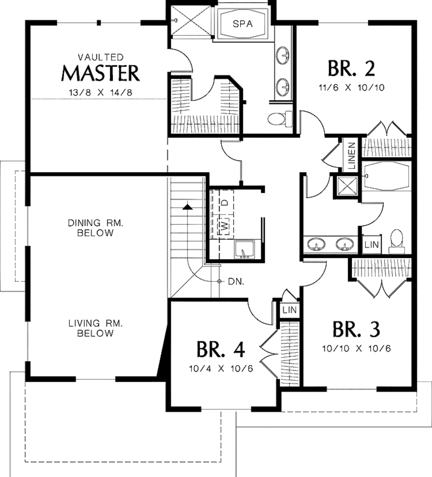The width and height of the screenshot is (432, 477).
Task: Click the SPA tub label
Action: click(243, 24)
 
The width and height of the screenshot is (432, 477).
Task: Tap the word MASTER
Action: click(100, 73)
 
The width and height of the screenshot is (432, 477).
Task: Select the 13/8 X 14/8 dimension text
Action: click(100, 92)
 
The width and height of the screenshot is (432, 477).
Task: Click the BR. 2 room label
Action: click(351, 69)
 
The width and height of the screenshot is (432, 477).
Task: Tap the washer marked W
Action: click(225, 226)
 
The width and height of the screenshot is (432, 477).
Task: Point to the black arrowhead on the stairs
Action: click(187, 206)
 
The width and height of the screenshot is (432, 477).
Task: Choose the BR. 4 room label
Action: click(220, 349)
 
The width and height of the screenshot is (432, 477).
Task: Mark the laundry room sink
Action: click(244, 249)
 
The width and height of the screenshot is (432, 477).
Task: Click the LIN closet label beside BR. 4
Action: click(290, 310)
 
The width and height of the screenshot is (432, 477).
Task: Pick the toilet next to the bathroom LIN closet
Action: click(396, 241)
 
